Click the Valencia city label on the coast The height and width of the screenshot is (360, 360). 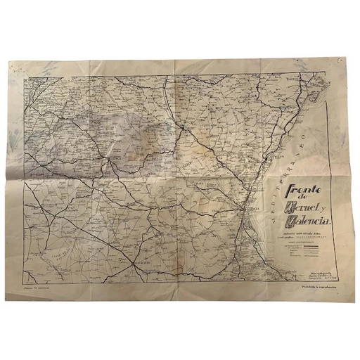click(251, 209)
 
